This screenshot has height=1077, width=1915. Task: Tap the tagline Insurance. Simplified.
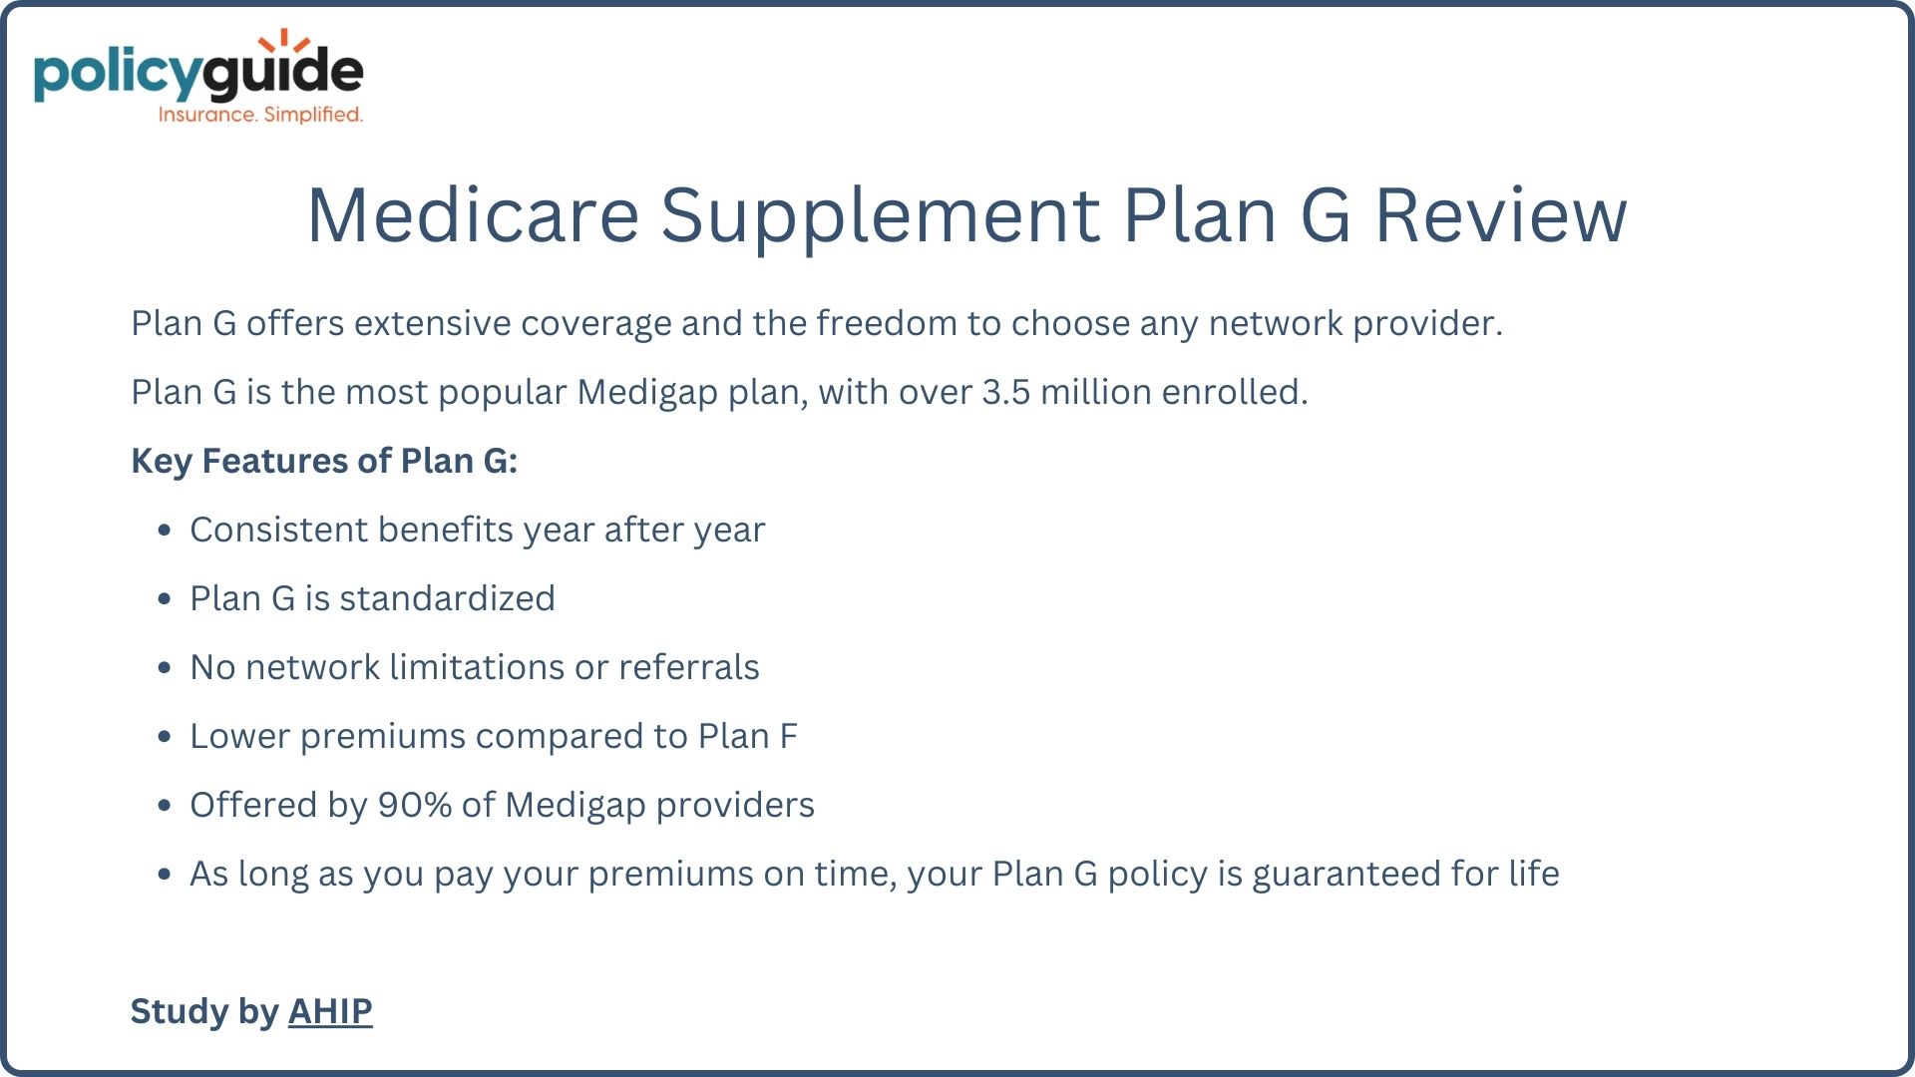260,115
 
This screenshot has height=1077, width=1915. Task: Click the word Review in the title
1501,214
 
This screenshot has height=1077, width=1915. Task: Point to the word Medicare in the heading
473,214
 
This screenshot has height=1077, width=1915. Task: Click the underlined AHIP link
330,1011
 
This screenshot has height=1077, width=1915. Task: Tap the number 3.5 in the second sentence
1005,392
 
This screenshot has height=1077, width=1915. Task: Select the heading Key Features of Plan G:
324,461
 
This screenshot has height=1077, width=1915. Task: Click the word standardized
447,598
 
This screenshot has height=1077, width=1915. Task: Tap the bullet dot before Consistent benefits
165,531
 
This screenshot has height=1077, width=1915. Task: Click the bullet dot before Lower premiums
165,737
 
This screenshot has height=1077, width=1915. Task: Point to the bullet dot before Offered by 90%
165,806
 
